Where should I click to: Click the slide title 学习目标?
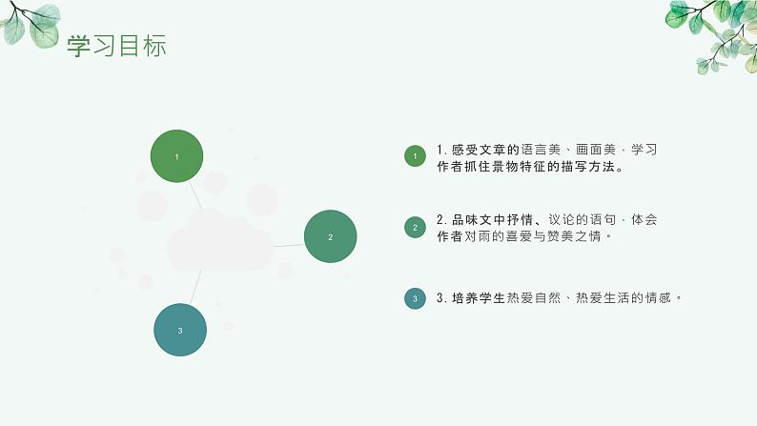point(116,46)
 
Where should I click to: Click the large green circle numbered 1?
point(176,155)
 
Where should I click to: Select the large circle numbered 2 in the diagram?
point(330,236)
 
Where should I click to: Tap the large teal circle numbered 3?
point(180,330)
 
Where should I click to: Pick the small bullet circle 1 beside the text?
point(415,156)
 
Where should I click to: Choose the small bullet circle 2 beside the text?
point(415,227)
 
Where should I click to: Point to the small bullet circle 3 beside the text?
point(415,298)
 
